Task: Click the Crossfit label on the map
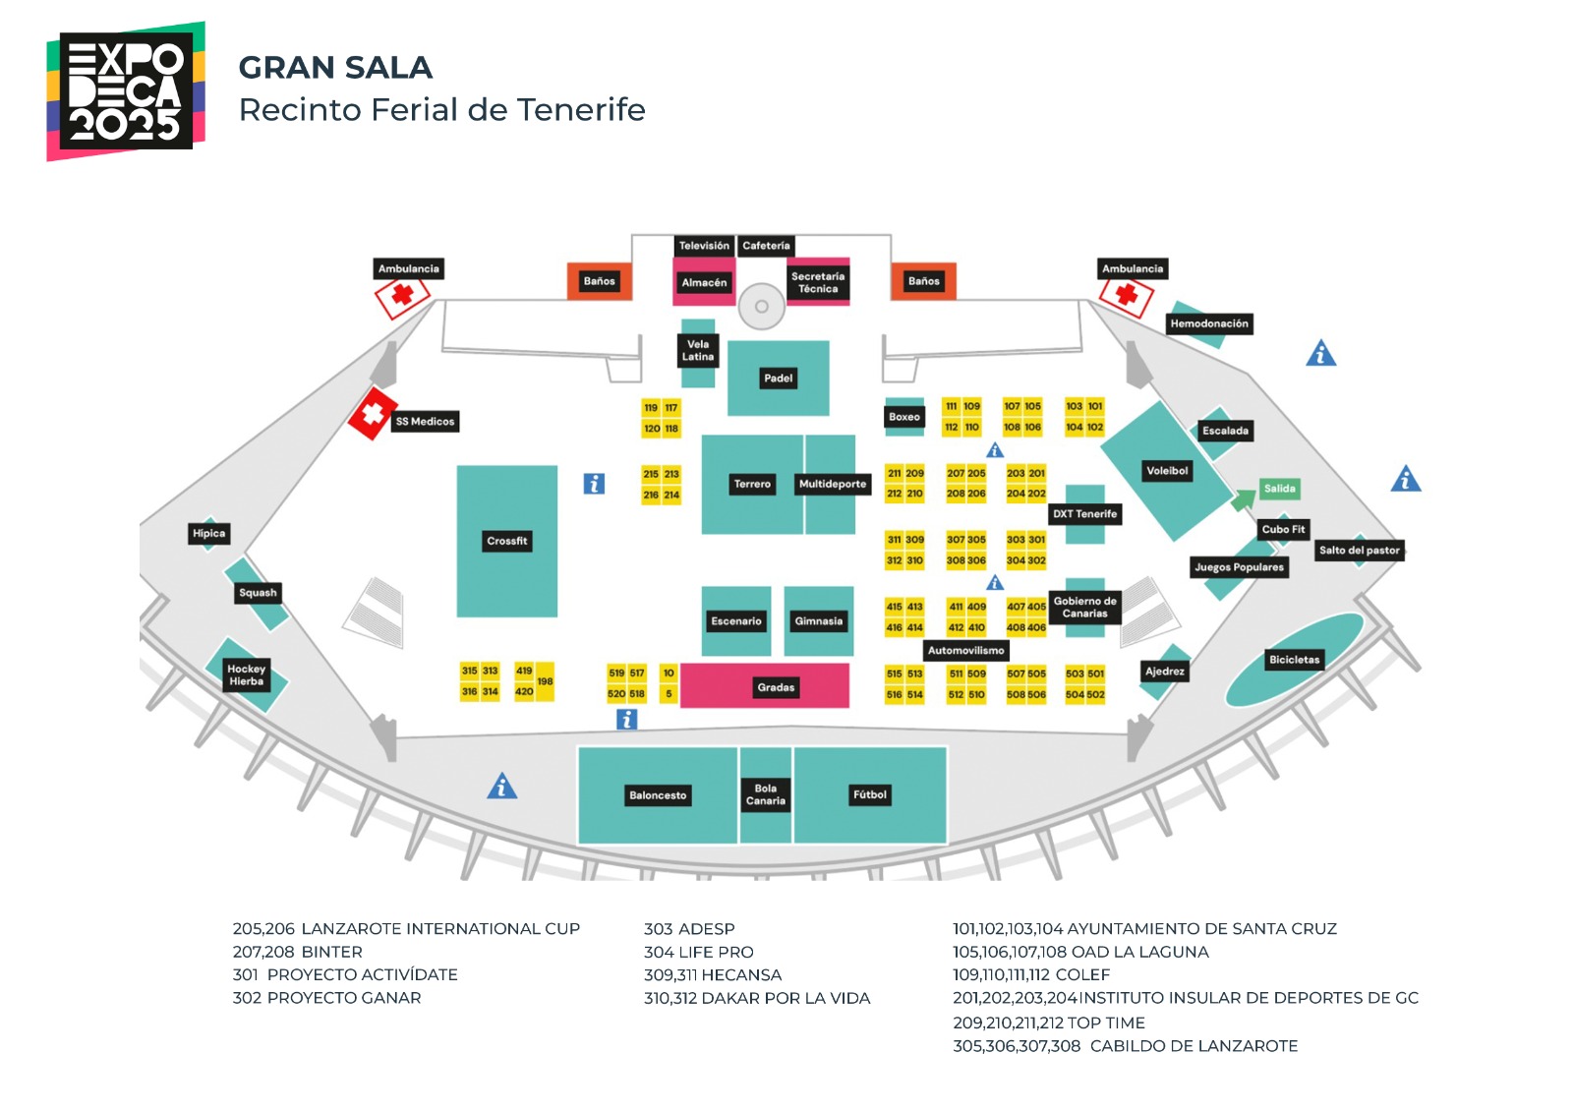[x=507, y=541]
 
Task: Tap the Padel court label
[x=778, y=379]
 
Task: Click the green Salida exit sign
[x=1279, y=489]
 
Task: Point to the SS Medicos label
[x=425, y=422]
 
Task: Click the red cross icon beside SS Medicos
[x=373, y=413]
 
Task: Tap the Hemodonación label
[x=1209, y=323]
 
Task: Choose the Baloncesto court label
[x=658, y=795]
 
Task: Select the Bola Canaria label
[x=766, y=794]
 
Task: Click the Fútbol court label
[x=870, y=794]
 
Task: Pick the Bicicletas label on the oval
[x=1294, y=660]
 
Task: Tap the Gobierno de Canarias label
[x=1084, y=608]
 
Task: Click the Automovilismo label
[x=966, y=651]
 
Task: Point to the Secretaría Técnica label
[x=818, y=283]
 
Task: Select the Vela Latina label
[x=698, y=351]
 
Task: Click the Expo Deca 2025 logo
[x=126, y=91]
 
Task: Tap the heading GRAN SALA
[x=335, y=68]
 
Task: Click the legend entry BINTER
[x=332, y=952]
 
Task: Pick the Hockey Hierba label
[x=246, y=675]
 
